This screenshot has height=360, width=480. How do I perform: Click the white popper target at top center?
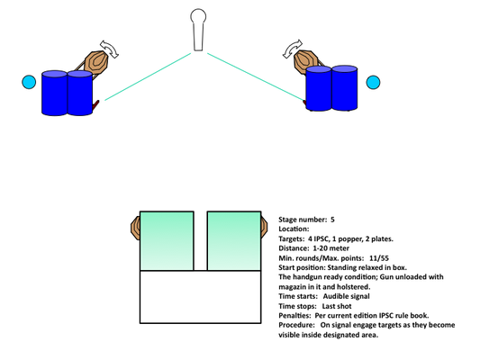coord(198,30)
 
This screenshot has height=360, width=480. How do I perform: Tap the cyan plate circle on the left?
coord(29,82)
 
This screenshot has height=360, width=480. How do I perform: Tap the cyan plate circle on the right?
coord(373,82)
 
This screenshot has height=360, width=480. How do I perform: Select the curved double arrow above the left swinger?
coord(110,49)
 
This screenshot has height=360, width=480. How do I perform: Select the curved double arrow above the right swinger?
coord(293,49)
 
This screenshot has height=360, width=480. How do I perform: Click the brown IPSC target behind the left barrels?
coord(96,61)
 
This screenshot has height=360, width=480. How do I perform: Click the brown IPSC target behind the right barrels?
coord(305,60)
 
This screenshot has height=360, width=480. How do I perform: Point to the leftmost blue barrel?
coord(55,93)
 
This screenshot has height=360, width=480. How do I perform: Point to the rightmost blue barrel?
coord(344,88)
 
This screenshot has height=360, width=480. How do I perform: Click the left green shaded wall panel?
coord(167,240)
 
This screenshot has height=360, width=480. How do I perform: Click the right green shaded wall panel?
coord(234,240)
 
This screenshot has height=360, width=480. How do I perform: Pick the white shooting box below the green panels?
coord(201,297)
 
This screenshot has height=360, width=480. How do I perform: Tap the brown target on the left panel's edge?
coord(135,228)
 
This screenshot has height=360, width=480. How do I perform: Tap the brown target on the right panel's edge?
coord(264,227)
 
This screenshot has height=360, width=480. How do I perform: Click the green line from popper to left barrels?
coord(148,76)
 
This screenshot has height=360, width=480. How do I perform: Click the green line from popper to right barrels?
coord(256,76)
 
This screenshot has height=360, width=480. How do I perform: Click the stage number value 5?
coord(332,220)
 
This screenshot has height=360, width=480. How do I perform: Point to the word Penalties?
coord(294,315)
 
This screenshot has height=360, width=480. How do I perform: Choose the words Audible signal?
coord(346,296)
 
